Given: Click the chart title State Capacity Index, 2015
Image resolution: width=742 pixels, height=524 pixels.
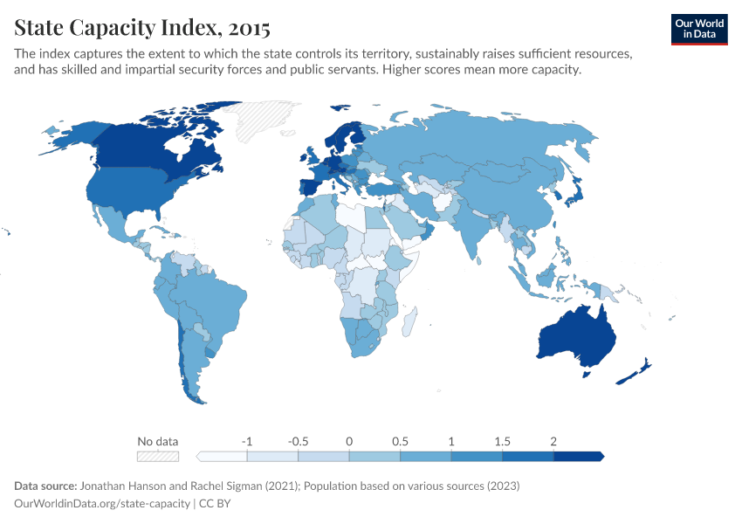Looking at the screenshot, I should [141, 28].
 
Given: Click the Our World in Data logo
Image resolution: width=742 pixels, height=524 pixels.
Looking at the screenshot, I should [698, 29].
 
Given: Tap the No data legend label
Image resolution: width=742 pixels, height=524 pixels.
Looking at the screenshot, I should [157, 441].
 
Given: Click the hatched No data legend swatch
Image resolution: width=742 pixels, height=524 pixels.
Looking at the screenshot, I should [157, 456].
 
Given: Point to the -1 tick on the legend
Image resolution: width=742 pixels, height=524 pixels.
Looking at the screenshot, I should [247, 441].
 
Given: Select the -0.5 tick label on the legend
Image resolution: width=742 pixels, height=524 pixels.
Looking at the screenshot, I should [298, 441].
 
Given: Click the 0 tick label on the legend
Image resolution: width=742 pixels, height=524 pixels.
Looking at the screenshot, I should [349, 441].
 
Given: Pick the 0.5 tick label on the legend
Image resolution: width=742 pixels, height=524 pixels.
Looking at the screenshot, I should [400, 441].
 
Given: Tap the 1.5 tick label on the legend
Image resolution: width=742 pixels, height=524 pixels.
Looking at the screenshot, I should [502, 441].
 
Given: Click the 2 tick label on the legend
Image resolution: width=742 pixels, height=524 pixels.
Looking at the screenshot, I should [553, 441].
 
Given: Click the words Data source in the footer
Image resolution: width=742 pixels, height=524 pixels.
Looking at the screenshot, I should [45, 486].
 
